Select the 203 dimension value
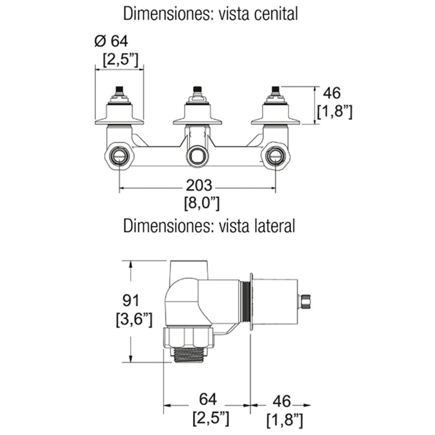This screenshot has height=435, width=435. pos(199,185)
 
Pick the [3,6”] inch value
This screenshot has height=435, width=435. pos(134,320)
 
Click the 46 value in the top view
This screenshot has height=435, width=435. pos(332,93)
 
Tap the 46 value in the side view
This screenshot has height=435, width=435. pos(282,401)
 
